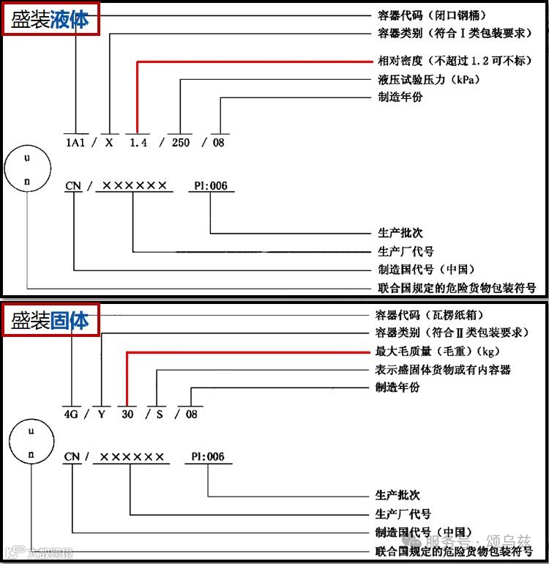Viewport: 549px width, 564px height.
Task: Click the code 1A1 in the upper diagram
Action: coord(75,143)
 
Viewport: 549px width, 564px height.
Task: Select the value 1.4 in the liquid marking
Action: coord(138,143)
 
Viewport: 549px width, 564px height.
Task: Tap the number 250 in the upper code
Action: coord(180,143)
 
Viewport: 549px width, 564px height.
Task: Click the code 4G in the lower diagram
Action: coord(70,413)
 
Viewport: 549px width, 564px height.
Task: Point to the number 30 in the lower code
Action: coord(128,413)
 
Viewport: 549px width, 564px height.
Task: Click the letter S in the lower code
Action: coord(159,413)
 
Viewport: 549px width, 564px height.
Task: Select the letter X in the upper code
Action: coord(109,143)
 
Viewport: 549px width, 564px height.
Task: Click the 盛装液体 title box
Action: coord(51,20)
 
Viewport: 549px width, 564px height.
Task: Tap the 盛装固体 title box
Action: coord(51,319)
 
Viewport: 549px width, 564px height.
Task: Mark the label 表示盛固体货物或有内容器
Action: coord(443,370)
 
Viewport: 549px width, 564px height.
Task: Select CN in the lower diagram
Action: coord(72,457)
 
